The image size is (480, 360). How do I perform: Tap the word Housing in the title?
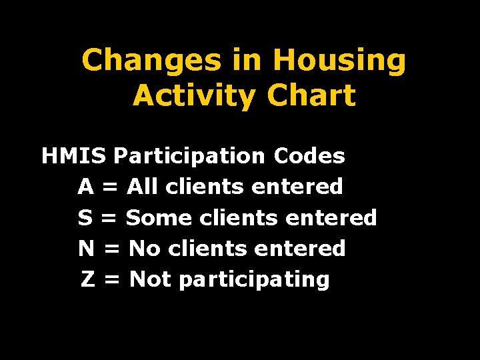click(x=339, y=61)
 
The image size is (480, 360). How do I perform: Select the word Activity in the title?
click(x=193, y=96)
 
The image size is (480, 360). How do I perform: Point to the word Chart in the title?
click(x=311, y=96)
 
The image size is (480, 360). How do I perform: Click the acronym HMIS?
click(x=73, y=156)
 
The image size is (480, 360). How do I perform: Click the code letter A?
click(x=85, y=187)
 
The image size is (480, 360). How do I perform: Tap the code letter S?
click(x=85, y=217)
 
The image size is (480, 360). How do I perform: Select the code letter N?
click(x=86, y=249)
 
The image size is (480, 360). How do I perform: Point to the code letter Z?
click(x=87, y=279)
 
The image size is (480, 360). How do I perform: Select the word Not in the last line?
click(x=151, y=279)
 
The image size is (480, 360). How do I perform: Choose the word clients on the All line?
click(x=204, y=187)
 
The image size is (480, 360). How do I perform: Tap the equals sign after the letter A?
click(x=111, y=187)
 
